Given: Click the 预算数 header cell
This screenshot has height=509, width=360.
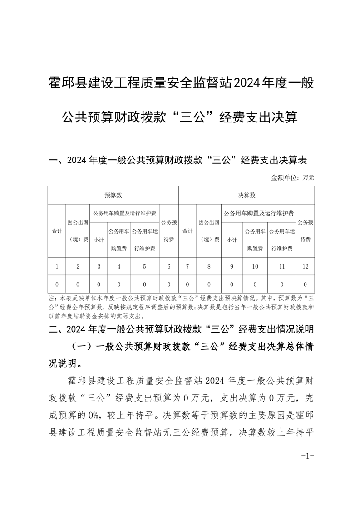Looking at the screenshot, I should (x=113, y=195).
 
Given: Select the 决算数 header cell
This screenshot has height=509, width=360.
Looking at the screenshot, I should (x=247, y=195).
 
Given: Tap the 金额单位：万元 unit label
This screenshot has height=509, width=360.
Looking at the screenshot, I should (x=292, y=177).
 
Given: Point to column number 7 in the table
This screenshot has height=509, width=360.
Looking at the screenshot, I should (x=187, y=266).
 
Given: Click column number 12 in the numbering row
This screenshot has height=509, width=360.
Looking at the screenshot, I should (x=305, y=266).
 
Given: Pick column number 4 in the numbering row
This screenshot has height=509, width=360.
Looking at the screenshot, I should (x=118, y=266).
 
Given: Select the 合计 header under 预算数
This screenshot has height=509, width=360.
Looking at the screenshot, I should (x=57, y=231).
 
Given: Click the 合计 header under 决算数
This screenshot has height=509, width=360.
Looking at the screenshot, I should (x=187, y=231).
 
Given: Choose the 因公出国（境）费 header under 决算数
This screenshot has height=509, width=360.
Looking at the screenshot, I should (x=209, y=231).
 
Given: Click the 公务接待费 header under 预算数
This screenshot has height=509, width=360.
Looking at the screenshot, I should (x=168, y=231).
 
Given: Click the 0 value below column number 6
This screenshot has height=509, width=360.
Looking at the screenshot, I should (x=168, y=284).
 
